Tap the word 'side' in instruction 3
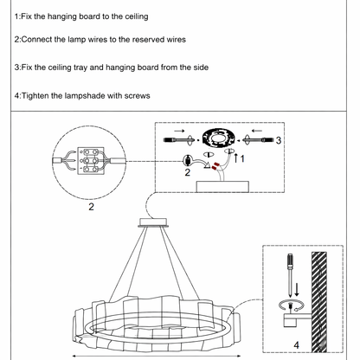[x=201, y=67]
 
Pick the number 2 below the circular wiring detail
[x=91, y=207]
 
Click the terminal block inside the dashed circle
[x=91, y=160]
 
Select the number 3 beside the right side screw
[x=279, y=140]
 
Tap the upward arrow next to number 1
[x=235, y=157]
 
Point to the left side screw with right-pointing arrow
[x=178, y=140]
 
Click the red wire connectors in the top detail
[x=215, y=166]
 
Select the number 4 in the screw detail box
[x=296, y=345]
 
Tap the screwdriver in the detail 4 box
[x=290, y=274]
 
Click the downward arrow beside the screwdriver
[x=297, y=290]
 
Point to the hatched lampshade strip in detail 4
[x=319, y=302]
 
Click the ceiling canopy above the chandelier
[x=153, y=222]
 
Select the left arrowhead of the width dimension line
[x=74, y=356]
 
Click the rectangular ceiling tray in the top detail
[x=222, y=187]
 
